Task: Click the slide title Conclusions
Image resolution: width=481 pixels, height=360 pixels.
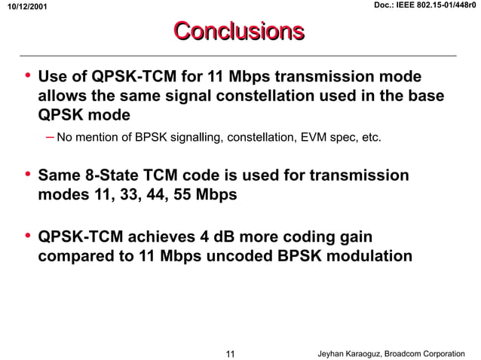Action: click(x=240, y=31)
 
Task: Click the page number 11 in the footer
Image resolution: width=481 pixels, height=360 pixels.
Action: click(x=231, y=353)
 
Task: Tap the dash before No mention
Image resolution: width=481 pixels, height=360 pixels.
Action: click(x=49, y=138)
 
